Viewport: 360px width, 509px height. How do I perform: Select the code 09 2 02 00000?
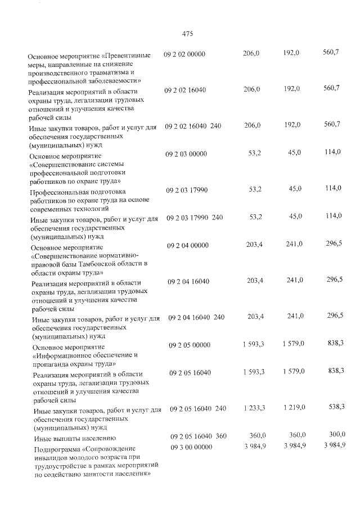[x=184, y=54]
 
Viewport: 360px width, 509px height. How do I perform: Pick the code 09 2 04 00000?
[x=188, y=246]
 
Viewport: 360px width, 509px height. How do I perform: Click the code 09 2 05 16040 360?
[x=197, y=436]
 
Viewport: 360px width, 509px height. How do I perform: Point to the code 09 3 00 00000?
[x=190, y=446]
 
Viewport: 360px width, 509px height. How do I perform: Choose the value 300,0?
[x=336, y=434]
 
